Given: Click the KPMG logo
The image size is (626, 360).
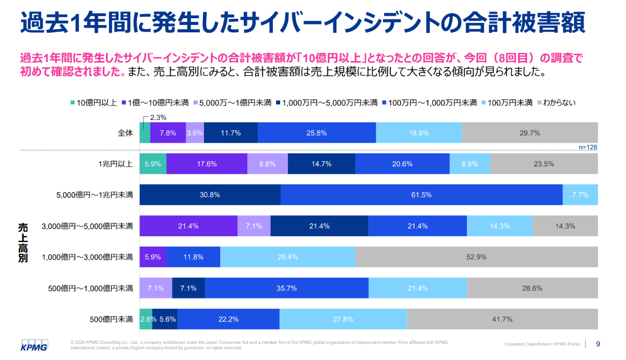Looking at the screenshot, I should pyautogui.click(x=34, y=346).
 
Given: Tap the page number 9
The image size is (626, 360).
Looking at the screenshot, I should pyautogui.click(x=598, y=344).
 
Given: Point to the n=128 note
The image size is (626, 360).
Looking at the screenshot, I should pyautogui.click(x=588, y=147).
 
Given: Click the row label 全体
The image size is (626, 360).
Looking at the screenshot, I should pyautogui.click(x=126, y=133).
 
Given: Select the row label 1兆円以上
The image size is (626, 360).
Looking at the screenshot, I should pyautogui.click(x=115, y=164).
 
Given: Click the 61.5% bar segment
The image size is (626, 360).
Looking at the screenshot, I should pyautogui.click(x=422, y=195).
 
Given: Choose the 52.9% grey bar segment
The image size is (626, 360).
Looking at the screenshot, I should pyautogui.click(x=477, y=257).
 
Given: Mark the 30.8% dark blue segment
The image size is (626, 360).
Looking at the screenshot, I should pyautogui.click(x=210, y=195).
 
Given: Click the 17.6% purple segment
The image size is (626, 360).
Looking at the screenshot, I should pyautogui.click(x=207, y=164).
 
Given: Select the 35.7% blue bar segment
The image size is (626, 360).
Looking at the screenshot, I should pyautogui.click(x=286, y=288).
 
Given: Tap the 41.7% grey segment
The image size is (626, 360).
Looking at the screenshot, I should pyautogui.click(x=502, y=319).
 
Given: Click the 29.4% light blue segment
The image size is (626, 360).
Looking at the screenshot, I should pyautogui.click(x=288, y=257).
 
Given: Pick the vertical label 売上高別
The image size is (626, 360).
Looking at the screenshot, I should pyautogui.click(x=22, y=242).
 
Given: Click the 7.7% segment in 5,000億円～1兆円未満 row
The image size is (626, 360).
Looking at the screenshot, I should pyautogui.click(x=580, y=195).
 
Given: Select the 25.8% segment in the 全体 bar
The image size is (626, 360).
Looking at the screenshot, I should pyautogui.click(x=317, y=133).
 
